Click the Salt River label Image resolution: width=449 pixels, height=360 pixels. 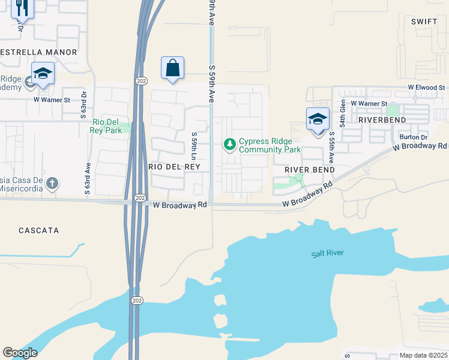(327, 253)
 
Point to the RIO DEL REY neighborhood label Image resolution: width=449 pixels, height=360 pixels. (173, 166)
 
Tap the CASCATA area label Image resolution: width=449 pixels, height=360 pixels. (38, 230)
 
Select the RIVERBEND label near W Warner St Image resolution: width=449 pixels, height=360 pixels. (382, 119)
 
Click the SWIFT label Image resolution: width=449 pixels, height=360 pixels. (424, 21)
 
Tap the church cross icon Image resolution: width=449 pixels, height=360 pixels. (52, 183)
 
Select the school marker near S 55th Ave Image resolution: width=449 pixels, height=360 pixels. (318, 119)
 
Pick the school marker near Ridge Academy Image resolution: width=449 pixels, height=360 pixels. (43, 74)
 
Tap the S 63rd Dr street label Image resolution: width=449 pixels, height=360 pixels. (84, 104)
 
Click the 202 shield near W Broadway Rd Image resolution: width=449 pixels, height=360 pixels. (139, 198)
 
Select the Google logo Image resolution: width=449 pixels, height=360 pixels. (20, 353)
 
